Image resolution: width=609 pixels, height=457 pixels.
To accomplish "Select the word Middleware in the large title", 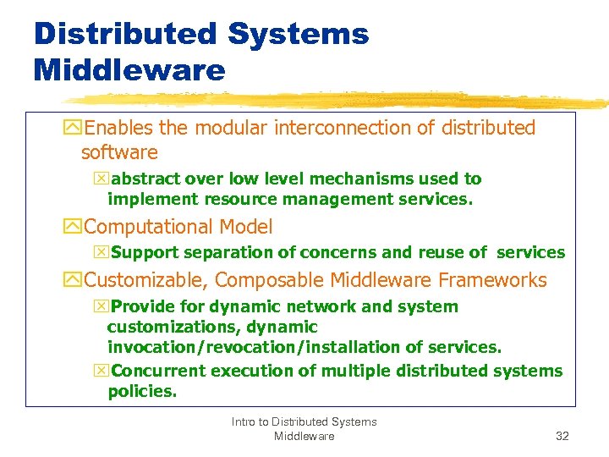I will (x=129, y=70).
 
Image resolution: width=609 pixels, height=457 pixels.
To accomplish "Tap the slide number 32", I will (x=562, y=436).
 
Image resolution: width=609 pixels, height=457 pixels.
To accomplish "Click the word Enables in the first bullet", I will (x=119, y=128).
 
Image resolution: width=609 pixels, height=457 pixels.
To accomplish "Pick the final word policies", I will (x=141, y=391).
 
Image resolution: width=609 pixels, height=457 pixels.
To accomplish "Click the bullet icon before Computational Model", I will (x=73, y=227).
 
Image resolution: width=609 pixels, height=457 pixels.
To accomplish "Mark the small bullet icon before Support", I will (x=103, y=252).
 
